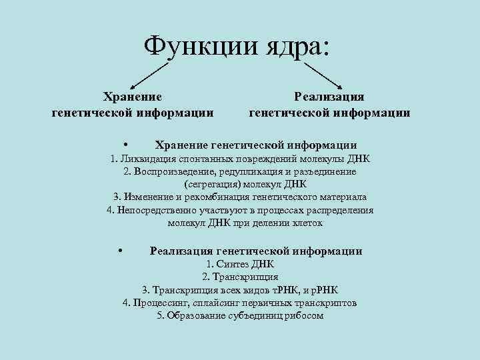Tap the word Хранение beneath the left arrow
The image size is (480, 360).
pyautogui.click(x=133, y=97)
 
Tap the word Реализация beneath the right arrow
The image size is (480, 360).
pyautogui.click(x=329, y=97)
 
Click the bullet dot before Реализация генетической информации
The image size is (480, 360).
pyautogui.click(x=120, y=251)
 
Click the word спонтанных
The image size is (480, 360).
pyautogui.click(x=204, y=159)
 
